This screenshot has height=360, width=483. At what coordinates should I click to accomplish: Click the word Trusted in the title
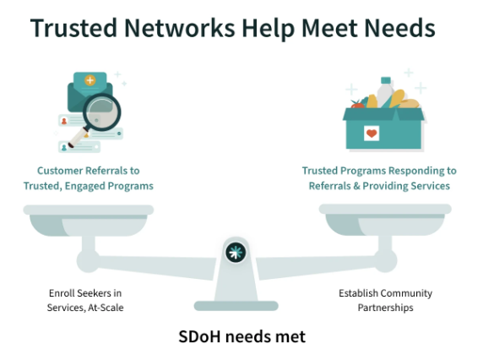tap(73, 28)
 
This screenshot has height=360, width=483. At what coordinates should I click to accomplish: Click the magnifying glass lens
tap(101, 112)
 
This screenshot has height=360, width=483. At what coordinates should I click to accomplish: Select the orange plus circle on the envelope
tap(90, 80)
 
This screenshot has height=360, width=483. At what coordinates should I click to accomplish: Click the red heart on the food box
tap(372, 134)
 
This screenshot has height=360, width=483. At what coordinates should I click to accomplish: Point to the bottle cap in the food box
tap(386, 80)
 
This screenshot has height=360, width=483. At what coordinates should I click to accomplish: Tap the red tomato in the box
tap(357, 104)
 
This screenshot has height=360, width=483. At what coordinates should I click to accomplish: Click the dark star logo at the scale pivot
tap(236, 253)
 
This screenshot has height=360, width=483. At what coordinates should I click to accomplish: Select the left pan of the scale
tap(89, 221)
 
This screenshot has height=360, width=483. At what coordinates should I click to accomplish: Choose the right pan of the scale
tap(385, 220)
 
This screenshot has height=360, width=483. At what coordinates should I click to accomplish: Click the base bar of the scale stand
tap(236, 306)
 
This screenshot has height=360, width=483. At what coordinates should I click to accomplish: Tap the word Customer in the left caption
tap(60, 171)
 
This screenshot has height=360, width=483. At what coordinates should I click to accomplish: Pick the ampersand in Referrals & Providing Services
tap(356, 186)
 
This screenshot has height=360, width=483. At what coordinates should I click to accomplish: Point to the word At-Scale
tap(106, 308)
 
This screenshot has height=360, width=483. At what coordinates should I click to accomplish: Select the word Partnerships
tap(385, 308)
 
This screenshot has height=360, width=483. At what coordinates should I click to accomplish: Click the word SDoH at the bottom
tap(199, 336)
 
